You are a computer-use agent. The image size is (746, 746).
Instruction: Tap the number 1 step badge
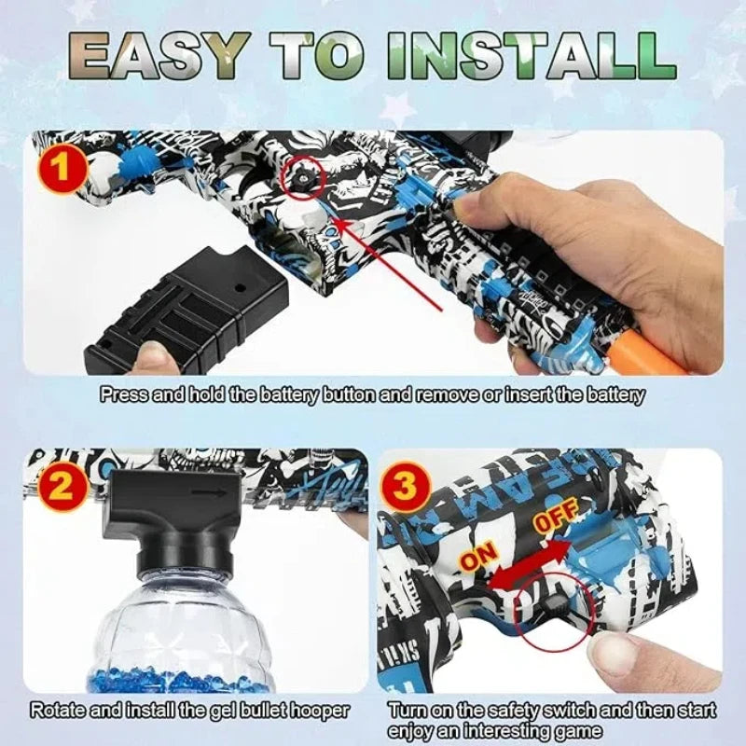point(62,172)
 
